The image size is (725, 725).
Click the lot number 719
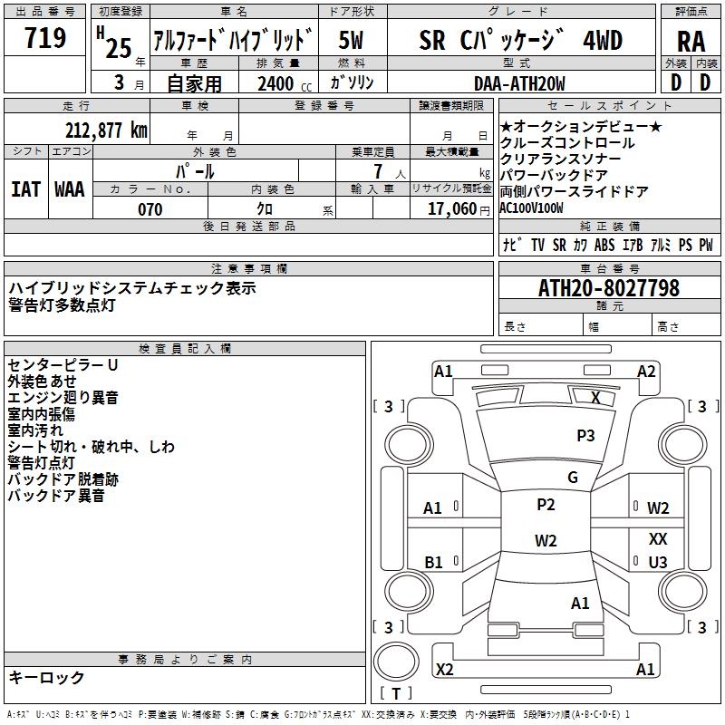(44, 37)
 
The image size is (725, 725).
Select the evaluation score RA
(691, 42)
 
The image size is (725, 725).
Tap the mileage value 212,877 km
(106, 130)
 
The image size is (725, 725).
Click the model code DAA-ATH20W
(519, 83)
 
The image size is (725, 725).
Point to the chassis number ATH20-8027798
(609, 288)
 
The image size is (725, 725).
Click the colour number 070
(150, 209)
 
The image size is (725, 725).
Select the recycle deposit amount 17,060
(451, 209)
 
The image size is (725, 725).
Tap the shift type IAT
(25, 189)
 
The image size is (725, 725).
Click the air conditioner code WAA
(70, 189)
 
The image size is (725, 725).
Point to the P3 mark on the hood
(585, 435)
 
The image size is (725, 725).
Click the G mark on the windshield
(573, 477)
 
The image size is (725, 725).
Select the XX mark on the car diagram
(658, 538)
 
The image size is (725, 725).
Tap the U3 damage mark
(658, 562)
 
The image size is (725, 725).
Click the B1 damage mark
(433, 562)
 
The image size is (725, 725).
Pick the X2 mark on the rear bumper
(444, 669)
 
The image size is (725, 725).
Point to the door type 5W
(351, 40)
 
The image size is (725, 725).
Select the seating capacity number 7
(378, 171)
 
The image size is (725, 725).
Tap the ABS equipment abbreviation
(604, 245)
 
